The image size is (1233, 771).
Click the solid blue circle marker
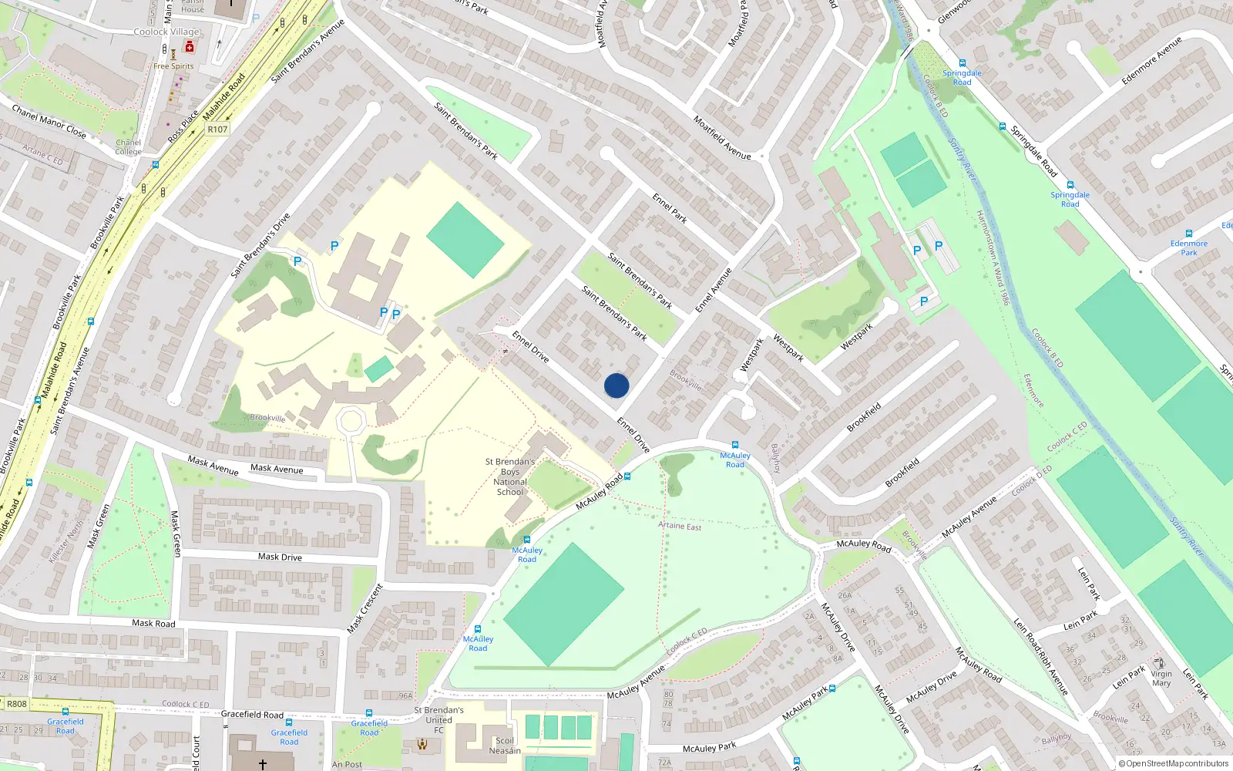point(616,385)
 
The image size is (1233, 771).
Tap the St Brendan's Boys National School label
point(510,476)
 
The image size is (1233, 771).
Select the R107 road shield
point(217,130)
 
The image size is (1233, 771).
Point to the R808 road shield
point(16,704)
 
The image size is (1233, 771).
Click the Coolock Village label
point(166,32)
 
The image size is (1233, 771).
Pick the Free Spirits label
point(173,66)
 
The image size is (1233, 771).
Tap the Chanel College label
point(129,146)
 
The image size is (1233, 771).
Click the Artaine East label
point(680,526)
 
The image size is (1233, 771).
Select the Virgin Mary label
point(1161,678)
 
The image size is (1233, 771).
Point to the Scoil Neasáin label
point(505,746)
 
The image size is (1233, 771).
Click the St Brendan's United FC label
point(439,720)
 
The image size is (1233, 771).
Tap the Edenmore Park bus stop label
point(1189,247)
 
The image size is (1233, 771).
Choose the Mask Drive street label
point(280,557)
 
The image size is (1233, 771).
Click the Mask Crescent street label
point(365,609)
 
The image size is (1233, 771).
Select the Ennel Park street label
point(670,208)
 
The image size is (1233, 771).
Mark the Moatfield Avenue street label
point(722,138)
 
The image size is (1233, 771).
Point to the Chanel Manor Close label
point(49,122)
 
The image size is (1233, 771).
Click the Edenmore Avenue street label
point(1151,60)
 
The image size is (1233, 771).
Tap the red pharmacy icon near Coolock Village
point(190,48)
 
